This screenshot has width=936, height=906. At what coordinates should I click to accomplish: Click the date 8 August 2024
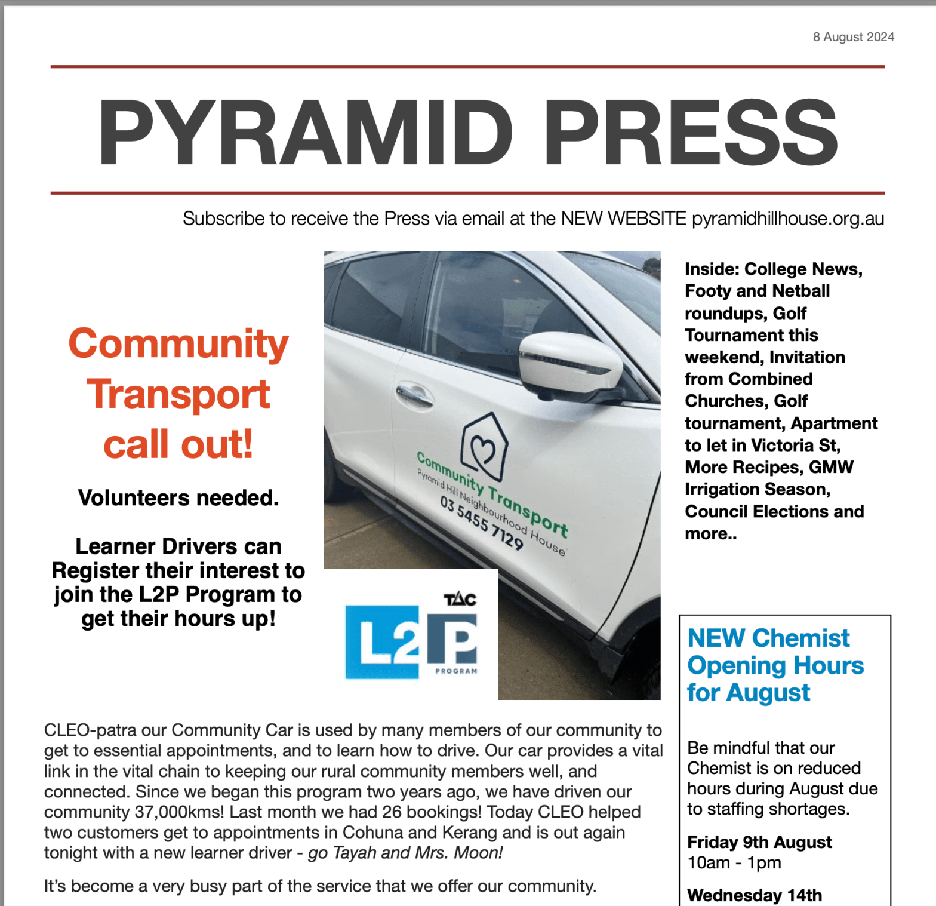(853, 37)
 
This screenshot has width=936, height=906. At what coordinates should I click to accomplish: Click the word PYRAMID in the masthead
(305, 132)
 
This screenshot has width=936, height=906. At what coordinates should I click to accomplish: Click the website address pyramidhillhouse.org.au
(787, 219)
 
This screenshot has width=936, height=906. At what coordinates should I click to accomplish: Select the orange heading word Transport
(178, 395)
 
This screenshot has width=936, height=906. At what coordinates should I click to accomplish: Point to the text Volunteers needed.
(178, 497)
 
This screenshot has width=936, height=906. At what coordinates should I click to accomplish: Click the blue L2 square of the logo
(382, 643)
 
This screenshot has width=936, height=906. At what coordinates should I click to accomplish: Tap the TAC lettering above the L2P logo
(460, 599)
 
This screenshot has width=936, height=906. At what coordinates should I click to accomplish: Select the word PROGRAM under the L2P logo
(456, 671)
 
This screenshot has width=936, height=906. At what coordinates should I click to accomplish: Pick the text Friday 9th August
(759, 842)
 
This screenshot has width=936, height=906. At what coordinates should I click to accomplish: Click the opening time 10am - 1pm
(734, 862)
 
